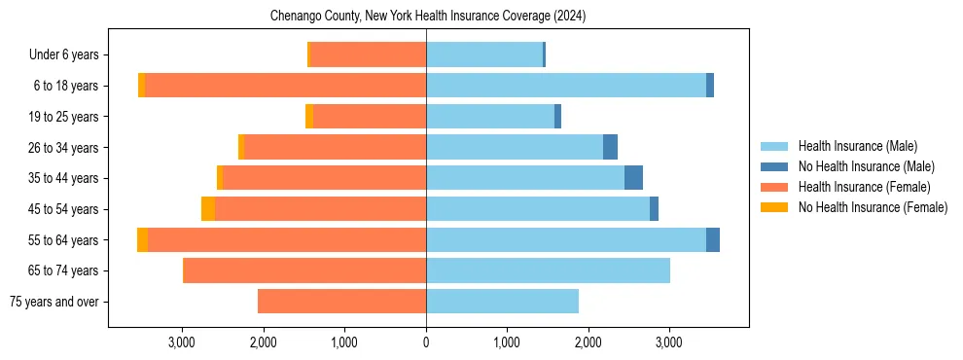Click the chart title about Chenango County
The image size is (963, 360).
click(426, 17)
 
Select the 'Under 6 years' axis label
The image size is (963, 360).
click(69, 55)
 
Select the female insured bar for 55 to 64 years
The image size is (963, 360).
click(287, 239)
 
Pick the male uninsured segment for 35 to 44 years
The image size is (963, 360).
click(633, 178)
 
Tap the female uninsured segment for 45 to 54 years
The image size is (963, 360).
click(208, 209)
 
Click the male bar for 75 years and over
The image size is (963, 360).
click(502, 302)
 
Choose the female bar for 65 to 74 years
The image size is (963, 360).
click(304, 270)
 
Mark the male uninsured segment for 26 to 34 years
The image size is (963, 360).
click(610, 147)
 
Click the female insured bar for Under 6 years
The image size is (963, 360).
click(368, 55)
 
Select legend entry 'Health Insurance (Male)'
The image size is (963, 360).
click(857, 146)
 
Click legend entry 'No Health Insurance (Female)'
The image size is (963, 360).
click(873, 207)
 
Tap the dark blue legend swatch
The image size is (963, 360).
click(774, 166)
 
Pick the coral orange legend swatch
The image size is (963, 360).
click(774, 187)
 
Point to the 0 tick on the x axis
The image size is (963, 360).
click(426, 342)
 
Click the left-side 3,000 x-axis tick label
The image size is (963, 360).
click(183, 342)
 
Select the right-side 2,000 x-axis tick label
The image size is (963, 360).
click(588, 342)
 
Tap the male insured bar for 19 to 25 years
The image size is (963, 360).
click(490, 117)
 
